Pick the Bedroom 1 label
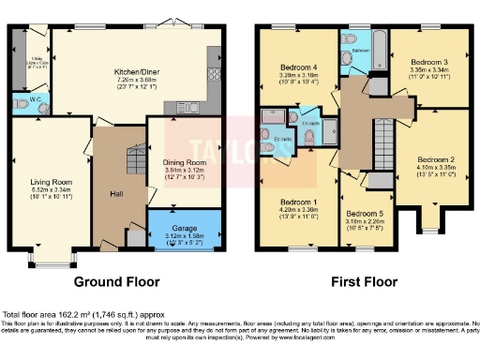300,201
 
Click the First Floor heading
365,279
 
